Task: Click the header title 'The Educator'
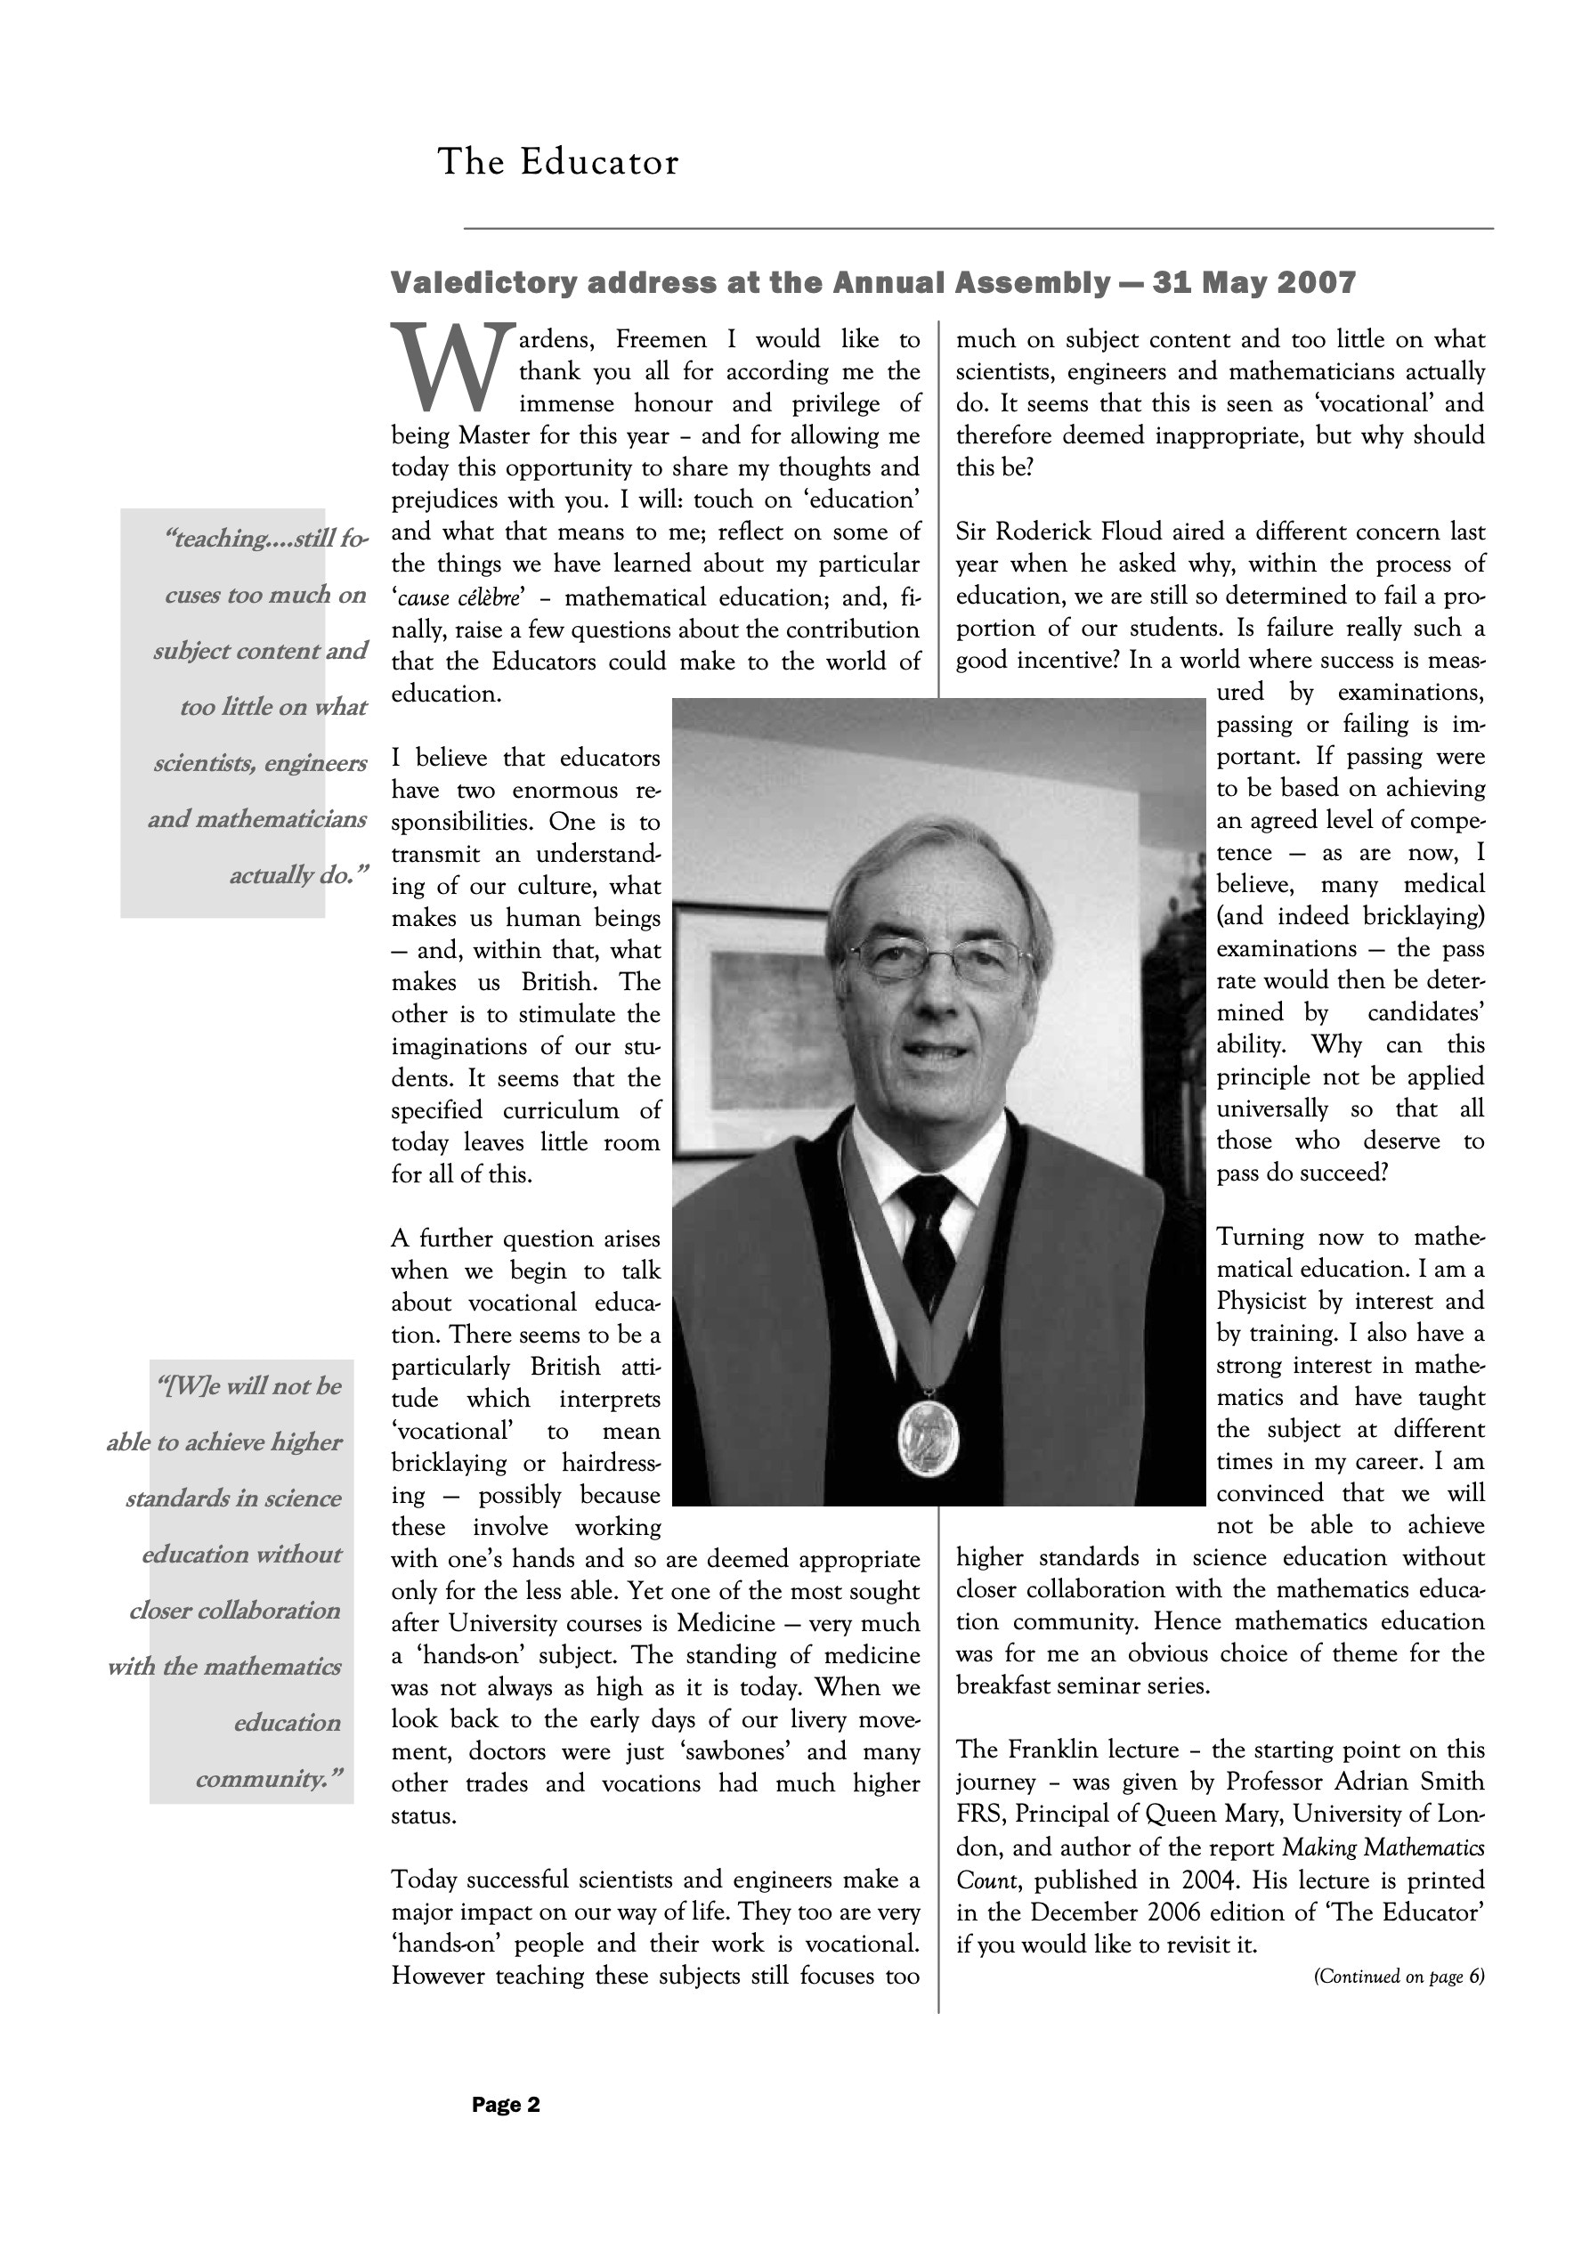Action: (557, 162)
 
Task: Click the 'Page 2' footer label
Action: (506, 2104)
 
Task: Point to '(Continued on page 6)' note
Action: (1398, 1976)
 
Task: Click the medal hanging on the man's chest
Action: (928, 1437)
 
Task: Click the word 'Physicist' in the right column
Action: (1261, 1301)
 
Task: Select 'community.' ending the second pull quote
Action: (270, 1778)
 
